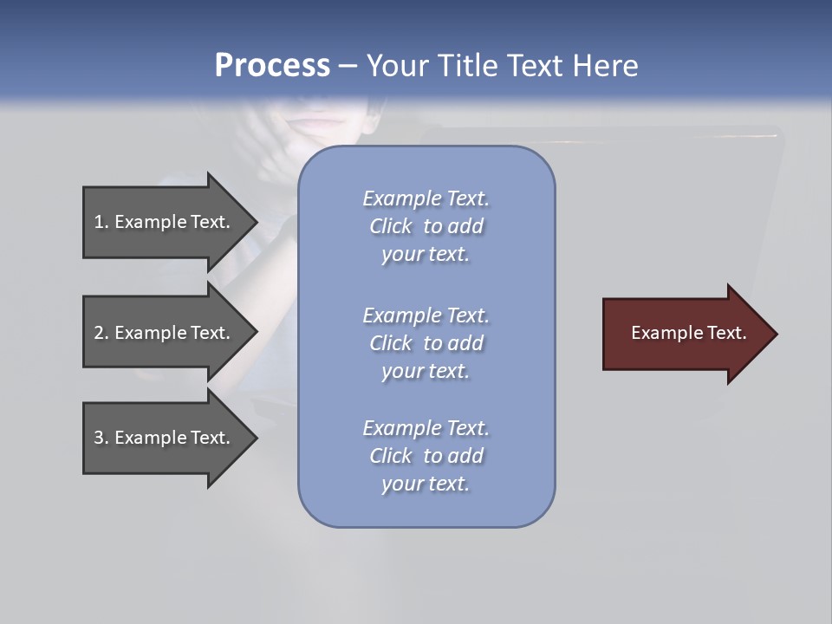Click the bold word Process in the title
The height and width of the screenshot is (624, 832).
click(272, 66)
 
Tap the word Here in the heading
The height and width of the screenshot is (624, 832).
click(607, 66)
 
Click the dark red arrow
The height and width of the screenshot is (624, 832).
click(685, 334)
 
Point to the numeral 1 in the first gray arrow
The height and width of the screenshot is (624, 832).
click(99, 222)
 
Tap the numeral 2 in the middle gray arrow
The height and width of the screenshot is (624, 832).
click(99, 333)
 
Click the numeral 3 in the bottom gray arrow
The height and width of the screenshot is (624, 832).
click(99, 438)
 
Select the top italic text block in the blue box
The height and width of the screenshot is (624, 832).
click(426, 226)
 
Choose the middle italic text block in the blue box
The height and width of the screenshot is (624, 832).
click(426, 343)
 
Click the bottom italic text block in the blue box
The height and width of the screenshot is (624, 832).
click(426, 456)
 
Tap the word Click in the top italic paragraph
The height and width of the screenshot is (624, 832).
click(391, 226)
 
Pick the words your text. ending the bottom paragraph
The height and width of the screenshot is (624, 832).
click(426, 484)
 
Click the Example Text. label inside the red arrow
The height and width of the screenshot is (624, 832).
click(689, 333)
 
